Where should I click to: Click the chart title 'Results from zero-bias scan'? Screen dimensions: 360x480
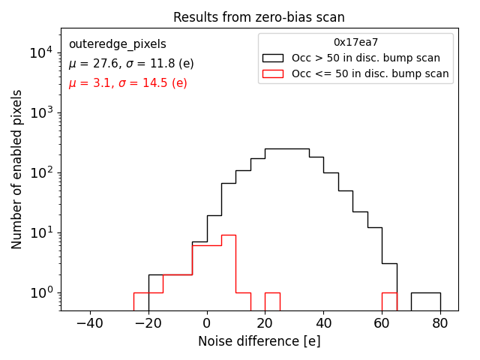(259, 17)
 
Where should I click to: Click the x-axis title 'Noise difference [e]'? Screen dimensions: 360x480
(259, 341)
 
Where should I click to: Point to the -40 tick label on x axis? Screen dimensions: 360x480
(90, 323)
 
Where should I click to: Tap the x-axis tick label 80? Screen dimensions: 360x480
(440, 323)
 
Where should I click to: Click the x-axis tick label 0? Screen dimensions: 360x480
(207, 323)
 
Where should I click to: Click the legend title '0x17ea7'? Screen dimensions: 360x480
(355, 43)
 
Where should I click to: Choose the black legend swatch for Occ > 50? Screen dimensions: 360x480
(274, 58)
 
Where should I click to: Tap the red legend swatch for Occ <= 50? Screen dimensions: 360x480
(274, 73)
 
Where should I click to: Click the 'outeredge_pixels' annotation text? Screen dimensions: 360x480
(117, 44)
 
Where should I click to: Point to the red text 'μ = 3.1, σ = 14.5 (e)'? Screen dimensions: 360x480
(127, 83)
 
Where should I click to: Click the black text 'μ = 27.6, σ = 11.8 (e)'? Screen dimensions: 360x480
(131, 64)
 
